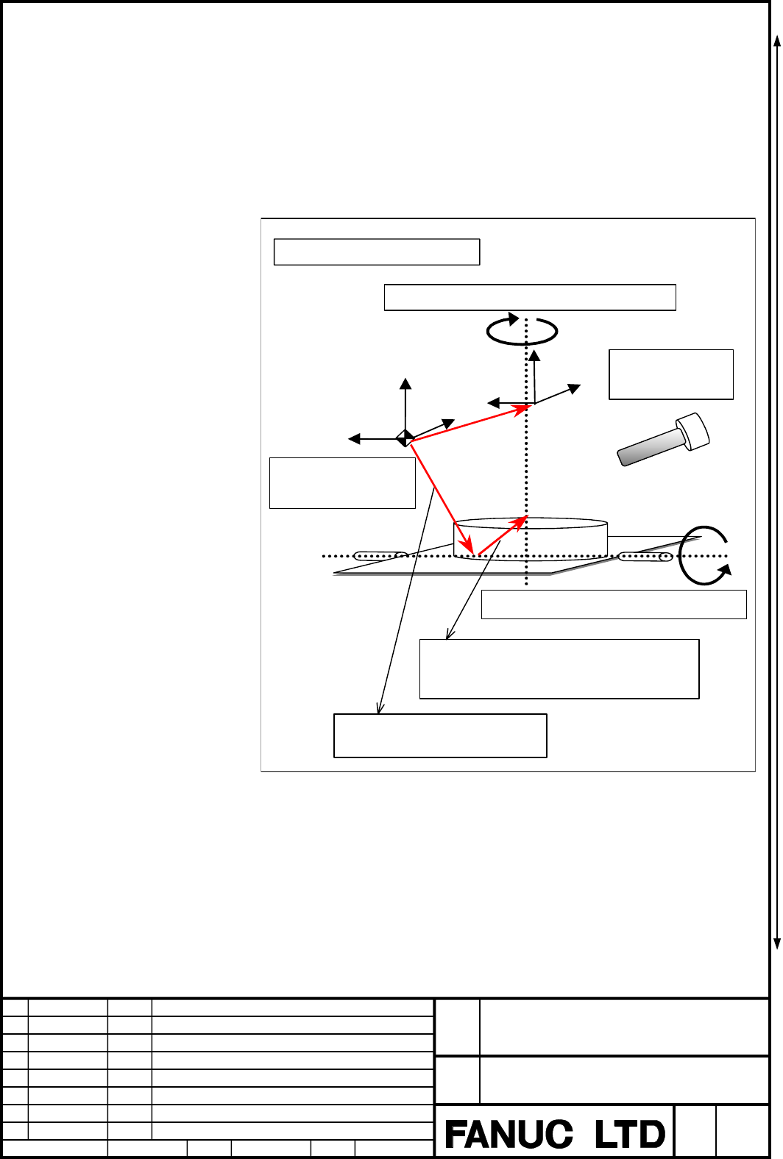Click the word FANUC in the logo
(x=509, y=1134)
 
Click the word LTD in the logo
(x=629, y=1134)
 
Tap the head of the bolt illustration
(x=693, y=431)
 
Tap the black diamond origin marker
(x=405, y=438)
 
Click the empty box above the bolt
(x=670, y=374)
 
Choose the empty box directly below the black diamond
(x=342, y=483)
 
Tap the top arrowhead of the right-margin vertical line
(x=777, y=41)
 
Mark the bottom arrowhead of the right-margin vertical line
(x=777, y=944)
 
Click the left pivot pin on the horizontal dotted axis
(x=380, y=556)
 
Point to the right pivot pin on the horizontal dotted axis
(x=645, y=557)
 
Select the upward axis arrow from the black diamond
(x=405, y=408)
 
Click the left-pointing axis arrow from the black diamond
(x=377, y=439)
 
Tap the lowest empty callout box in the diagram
(x=440, y=735)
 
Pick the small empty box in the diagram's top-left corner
(x=377, y=252)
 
